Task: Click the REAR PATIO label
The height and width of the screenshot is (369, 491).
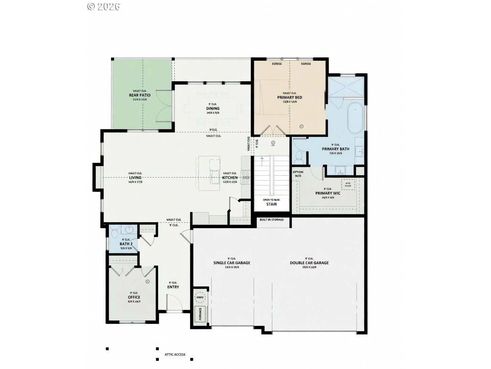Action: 140,95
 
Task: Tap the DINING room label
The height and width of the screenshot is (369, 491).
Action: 213,109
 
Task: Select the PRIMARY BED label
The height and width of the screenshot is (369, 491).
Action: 290,97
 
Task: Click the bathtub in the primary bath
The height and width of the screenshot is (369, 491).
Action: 355,118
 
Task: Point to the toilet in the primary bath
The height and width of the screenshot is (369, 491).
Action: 299,157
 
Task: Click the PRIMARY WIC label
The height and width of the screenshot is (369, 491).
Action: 328,193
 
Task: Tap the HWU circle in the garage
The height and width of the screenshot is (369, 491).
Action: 199,297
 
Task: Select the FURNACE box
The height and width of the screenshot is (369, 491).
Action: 200,314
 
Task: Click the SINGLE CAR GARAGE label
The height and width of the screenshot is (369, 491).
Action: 232,263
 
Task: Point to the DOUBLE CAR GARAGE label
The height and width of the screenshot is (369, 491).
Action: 309,263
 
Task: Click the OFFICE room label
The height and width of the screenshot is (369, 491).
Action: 134,297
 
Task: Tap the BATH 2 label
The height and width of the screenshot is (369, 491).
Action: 126,244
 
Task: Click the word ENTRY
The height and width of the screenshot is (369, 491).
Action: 173,287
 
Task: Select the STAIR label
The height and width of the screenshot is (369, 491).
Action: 272,204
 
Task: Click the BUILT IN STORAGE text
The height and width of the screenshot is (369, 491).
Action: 272,220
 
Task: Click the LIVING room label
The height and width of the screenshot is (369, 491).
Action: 135,177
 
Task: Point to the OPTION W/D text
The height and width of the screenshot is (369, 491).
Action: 298,174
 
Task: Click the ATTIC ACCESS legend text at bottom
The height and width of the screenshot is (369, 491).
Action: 175,354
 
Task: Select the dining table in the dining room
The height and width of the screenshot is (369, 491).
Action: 213,108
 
